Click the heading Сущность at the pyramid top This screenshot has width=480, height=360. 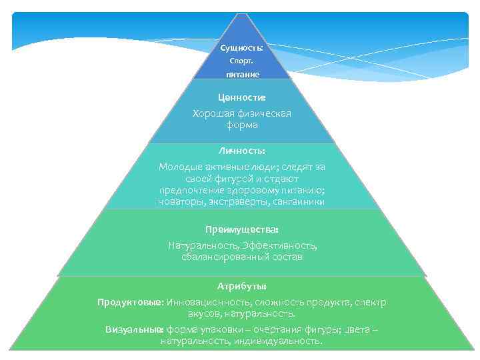[x=241, y=48]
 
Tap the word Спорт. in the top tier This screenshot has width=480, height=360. [x=241, y=61]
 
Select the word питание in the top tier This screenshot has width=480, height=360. [x=241, y=75]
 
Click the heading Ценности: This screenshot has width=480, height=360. [x=241, y=98]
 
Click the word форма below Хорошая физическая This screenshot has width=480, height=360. [x=241, y=125]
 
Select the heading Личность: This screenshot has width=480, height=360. [x=241, y=151]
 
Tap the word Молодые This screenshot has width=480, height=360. [x=180, y=167]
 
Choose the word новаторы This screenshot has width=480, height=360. [x=179, y=201]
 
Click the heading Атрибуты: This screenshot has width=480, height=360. [x=241, y=285]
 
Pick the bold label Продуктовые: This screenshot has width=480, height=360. [x=131, y=302]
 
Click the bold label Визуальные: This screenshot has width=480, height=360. [x=135, y=329]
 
